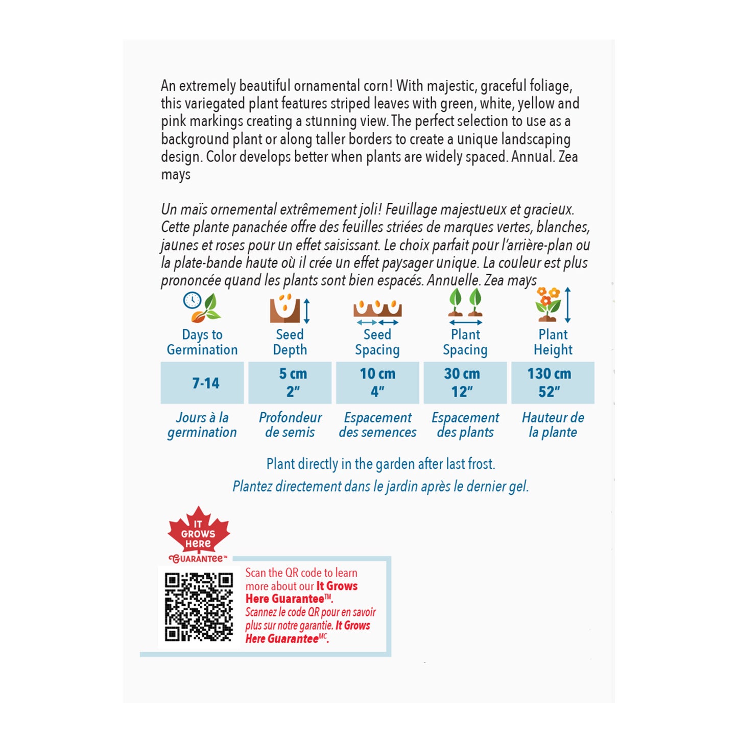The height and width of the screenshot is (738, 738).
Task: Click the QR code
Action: [x=199, y=607]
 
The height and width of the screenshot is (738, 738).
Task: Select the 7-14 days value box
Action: [x=202, y=383]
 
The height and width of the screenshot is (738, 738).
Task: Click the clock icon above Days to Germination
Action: [x=193, y=300]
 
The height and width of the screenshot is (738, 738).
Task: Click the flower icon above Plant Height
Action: [x=549, y=304]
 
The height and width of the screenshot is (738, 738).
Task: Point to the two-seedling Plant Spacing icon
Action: [x=465, y=306]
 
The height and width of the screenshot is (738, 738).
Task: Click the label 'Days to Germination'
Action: [x=202, y=342]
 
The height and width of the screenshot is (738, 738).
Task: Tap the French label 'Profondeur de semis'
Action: [x=290, y=425]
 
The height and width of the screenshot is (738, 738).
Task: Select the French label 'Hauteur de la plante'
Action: [x=553, y=425]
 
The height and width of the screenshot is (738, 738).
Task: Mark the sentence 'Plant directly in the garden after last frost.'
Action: [x=380, y=464]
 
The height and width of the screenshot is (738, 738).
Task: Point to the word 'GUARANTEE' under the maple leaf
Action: [x=198, y=559]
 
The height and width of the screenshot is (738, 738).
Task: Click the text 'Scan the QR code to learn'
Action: [x=301, y=573]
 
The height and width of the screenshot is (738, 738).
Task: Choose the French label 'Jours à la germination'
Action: [x=202, y=425]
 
